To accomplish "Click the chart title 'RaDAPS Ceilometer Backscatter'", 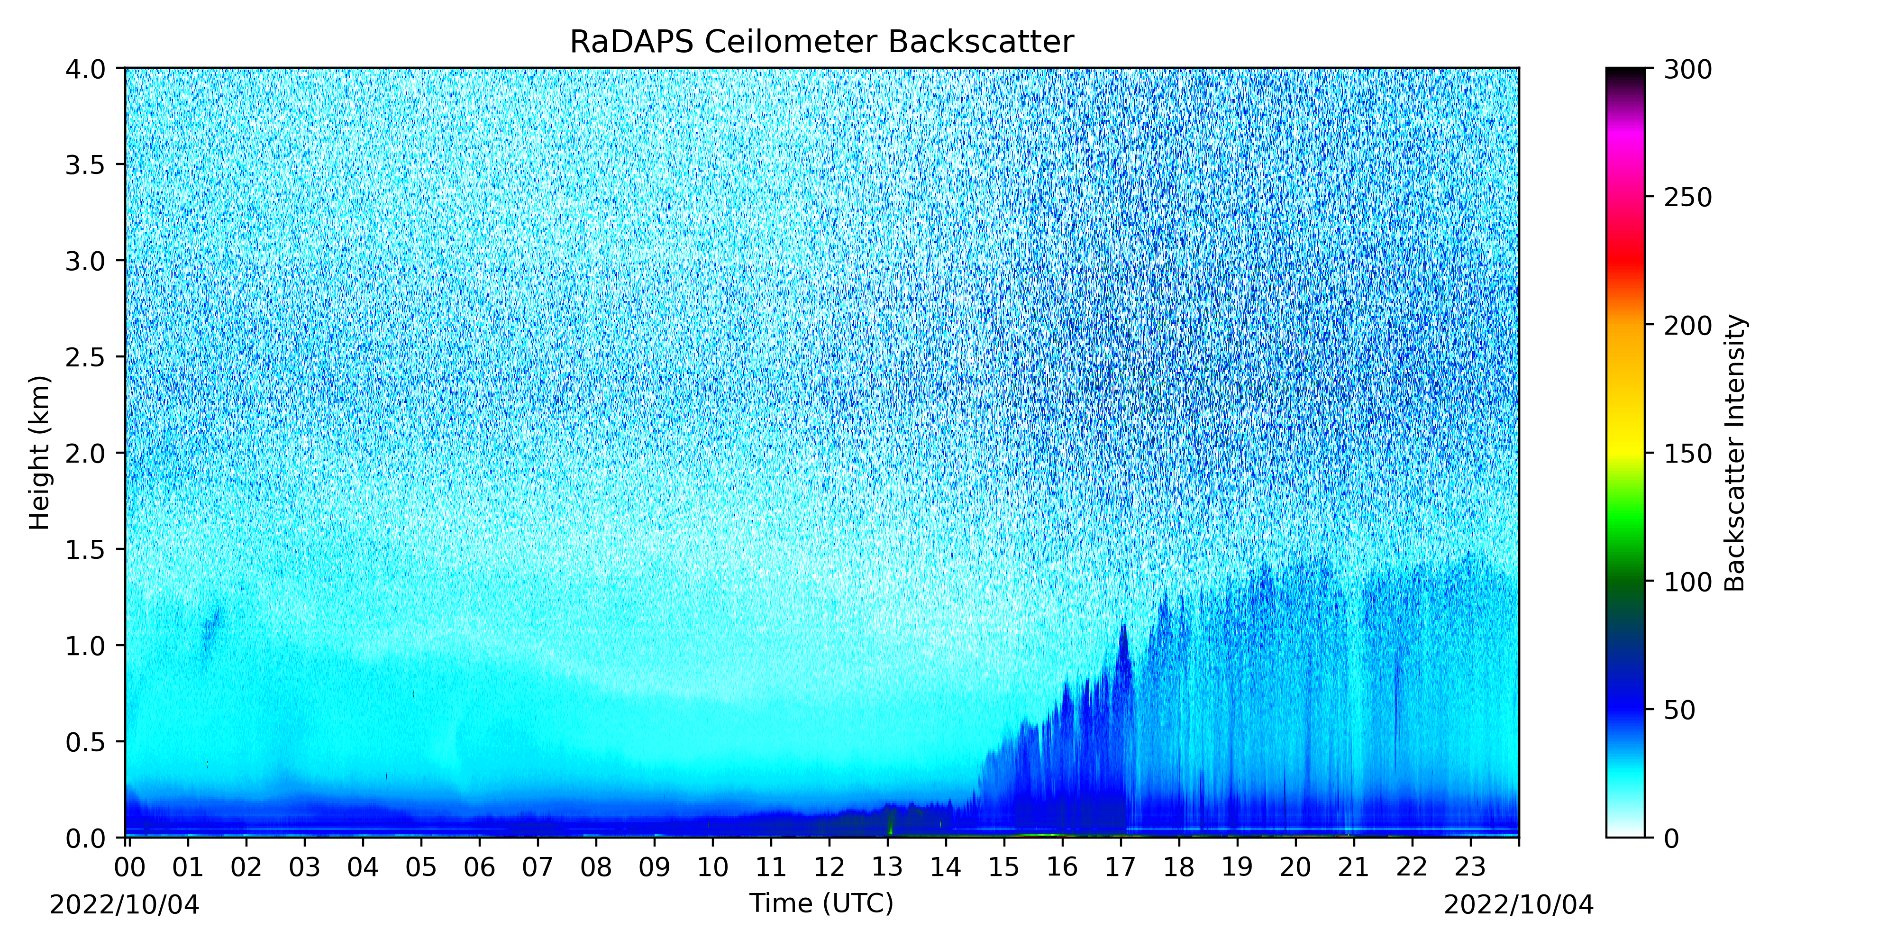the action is pos(821,42).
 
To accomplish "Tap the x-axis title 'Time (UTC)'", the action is pos(821,903).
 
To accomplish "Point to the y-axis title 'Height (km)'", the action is pos(40,453).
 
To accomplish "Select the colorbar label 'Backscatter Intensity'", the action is pos(1735,453).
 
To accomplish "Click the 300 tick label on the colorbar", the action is pos(1688,70).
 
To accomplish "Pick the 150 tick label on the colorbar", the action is pos(1688,454).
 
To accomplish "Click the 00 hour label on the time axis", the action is pos(129,868).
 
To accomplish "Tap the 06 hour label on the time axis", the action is pos(479,868).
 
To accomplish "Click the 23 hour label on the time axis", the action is pos(1470,868).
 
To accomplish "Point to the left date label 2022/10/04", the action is pos(124,904).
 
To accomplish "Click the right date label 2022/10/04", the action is pos(1518,904).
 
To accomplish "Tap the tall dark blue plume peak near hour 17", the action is pos(1124,627).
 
